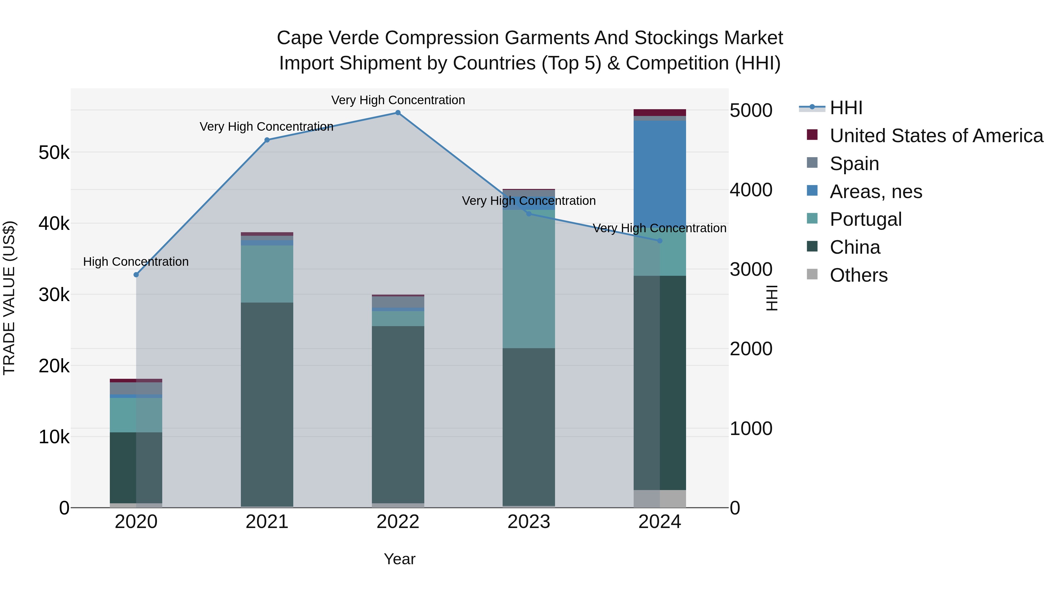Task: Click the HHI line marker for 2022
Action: pos(397,113)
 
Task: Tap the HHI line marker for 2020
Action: pos(136,275)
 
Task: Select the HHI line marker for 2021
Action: pos(267,140)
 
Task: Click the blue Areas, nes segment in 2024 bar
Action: pos(659,173)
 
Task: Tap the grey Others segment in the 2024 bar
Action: pos(659,499)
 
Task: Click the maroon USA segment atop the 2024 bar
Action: pos(659,113)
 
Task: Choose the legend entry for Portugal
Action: pos(865,219)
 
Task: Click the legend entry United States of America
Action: pos(936,136)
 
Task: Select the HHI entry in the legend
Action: pos(846,108)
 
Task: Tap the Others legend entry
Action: pos(858,275)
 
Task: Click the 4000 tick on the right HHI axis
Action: pos(751,190)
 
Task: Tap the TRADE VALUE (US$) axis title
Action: pos(9,298)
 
